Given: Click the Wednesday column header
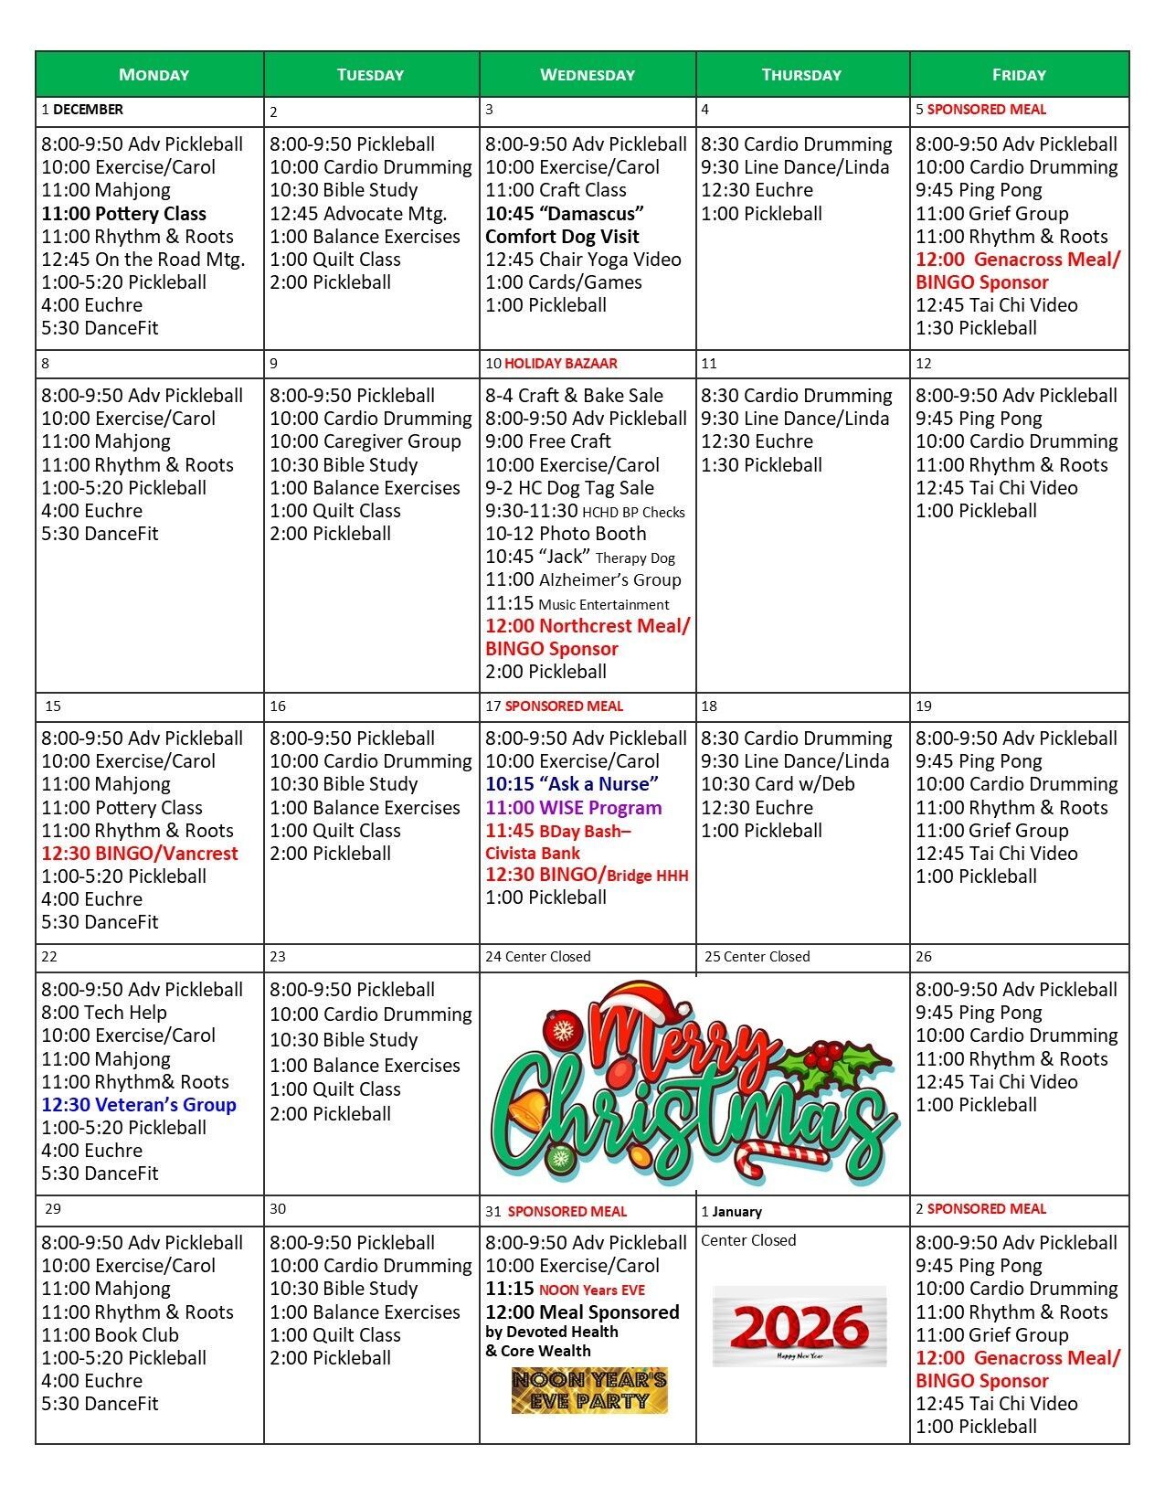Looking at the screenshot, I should [588, 75].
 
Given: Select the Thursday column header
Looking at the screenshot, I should [801, 75].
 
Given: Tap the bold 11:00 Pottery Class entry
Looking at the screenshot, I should [124, 214].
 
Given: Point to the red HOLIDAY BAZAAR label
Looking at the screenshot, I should [561, 364].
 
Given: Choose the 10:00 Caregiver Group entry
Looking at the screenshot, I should [365, 441].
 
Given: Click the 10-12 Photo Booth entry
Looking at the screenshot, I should [566, 534].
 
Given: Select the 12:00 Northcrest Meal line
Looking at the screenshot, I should [588, 626].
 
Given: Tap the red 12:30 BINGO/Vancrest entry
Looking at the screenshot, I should [140, 854].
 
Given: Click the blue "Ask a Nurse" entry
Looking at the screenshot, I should [572, 784].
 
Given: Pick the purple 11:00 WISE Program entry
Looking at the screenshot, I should [574, 808].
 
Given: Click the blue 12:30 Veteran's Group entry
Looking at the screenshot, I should [139, 1105].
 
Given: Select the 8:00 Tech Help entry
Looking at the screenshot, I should [104, 1013].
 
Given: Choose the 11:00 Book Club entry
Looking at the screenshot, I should [111, 1335].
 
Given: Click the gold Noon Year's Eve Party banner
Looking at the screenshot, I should [589, 1390].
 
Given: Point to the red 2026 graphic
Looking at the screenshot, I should [800, 1326].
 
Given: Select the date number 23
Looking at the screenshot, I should [278, 957].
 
